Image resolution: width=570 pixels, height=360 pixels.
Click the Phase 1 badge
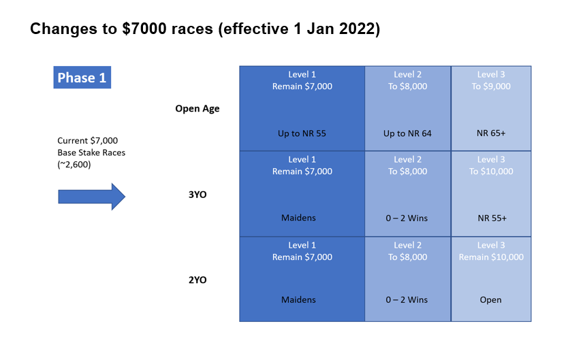click(x=82, y=78)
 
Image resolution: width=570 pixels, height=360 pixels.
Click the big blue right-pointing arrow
click(x=92, y=197)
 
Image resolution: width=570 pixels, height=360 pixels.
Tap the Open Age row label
click(x=197, y=109)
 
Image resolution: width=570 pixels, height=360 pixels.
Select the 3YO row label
click(x=197, y=195)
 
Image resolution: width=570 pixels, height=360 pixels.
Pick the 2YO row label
click(x=197, y=280)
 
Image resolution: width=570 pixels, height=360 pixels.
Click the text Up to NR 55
click(x=302, y=133)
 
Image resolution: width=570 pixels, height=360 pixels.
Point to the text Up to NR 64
click(x=407, y=133)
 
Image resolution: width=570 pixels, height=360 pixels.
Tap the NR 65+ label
click(x=491, y=133)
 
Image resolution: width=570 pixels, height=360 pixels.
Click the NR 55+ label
click(x=492, y=218)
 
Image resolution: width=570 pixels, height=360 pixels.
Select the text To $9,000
click(x=491, y=86)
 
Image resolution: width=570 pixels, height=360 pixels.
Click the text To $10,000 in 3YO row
click(x=491, y=171)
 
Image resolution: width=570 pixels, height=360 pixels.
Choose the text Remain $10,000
click(x=491, y=257)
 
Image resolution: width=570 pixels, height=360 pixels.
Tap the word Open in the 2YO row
click(x=490, y=300)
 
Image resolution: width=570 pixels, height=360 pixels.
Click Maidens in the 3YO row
click(x=298, y=218)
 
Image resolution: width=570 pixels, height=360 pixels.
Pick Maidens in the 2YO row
click(x=298, y=299)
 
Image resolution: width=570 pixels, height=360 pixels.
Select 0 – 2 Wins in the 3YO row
click(x=407, y=218)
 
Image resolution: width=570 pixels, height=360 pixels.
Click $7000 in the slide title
click(x=144, y=29)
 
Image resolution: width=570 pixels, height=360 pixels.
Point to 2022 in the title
click(x=358, y=29)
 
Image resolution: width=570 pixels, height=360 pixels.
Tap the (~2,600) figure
click(x=74, y=165)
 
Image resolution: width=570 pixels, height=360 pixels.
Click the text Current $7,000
click(x=88, y=141)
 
